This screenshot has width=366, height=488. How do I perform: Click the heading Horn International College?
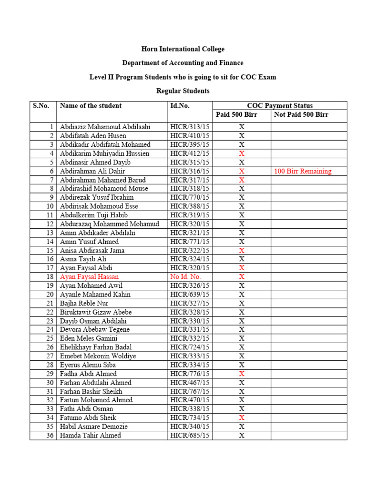click(183, 49)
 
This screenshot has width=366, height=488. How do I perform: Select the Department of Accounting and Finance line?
click(183, 63)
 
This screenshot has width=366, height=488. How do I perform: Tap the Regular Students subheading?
click(183, 91)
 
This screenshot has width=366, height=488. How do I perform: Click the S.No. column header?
click(41, 106)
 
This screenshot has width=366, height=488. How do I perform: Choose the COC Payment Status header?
click(280, 106)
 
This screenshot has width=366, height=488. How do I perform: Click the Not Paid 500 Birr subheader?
click(301, 115)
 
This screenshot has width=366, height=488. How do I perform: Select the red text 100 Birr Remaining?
click(303, 172)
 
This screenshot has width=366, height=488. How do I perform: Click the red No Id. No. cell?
click(186, 277)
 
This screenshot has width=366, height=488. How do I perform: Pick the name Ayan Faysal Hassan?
click(90, 277)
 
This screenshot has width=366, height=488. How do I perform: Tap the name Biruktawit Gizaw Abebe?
click(96, 312)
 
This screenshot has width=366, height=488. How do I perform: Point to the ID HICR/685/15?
click(190, 436)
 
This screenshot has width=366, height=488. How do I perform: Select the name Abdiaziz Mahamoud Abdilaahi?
click(105, 127)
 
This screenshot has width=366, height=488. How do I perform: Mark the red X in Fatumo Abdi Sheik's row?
click(242, 418)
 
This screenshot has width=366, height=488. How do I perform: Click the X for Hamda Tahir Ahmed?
click(242, 436)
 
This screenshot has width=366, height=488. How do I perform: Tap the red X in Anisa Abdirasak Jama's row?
click(242, 251)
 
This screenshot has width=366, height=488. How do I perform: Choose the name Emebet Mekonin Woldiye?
click(98, 356)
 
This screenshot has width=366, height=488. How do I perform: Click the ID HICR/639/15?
click(190, 295)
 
